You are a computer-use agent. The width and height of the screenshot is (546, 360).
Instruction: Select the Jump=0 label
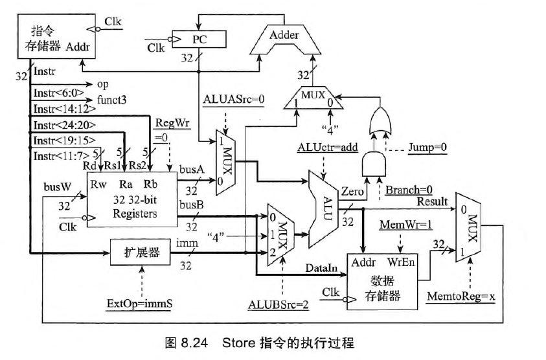(427, 148)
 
